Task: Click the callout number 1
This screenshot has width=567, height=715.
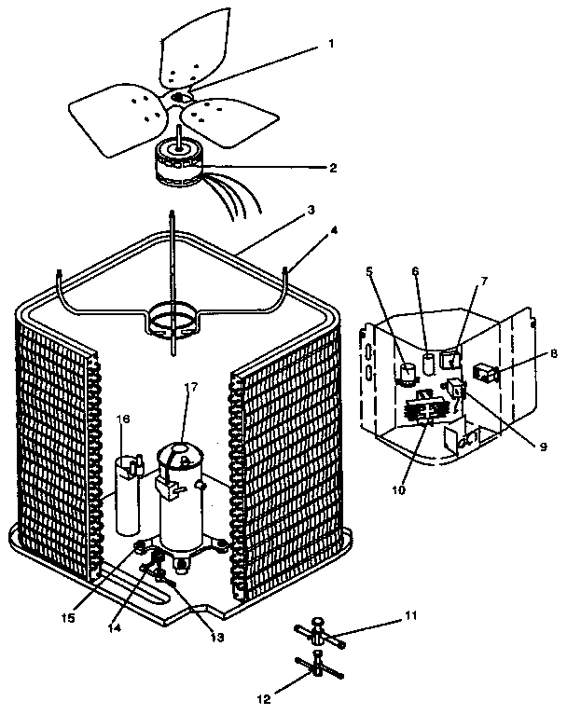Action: click(x=332, y=44)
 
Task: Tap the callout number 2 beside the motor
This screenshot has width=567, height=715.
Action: click(x=334, y=168)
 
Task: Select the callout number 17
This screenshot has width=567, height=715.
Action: click(x=191, y=387)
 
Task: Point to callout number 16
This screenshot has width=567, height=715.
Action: click(x=124, y=419)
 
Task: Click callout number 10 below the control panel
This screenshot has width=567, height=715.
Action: click(x=398, y=490)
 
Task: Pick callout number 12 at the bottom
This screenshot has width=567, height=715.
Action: click(x=265, y=698)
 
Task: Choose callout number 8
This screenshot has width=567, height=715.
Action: click(x=554, y=353)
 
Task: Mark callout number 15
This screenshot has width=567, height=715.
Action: click(x=68, y=618)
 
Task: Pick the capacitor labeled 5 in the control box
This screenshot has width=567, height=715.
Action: click(x=408, y=373)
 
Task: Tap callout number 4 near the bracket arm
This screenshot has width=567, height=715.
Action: click(x=335, y=231)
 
